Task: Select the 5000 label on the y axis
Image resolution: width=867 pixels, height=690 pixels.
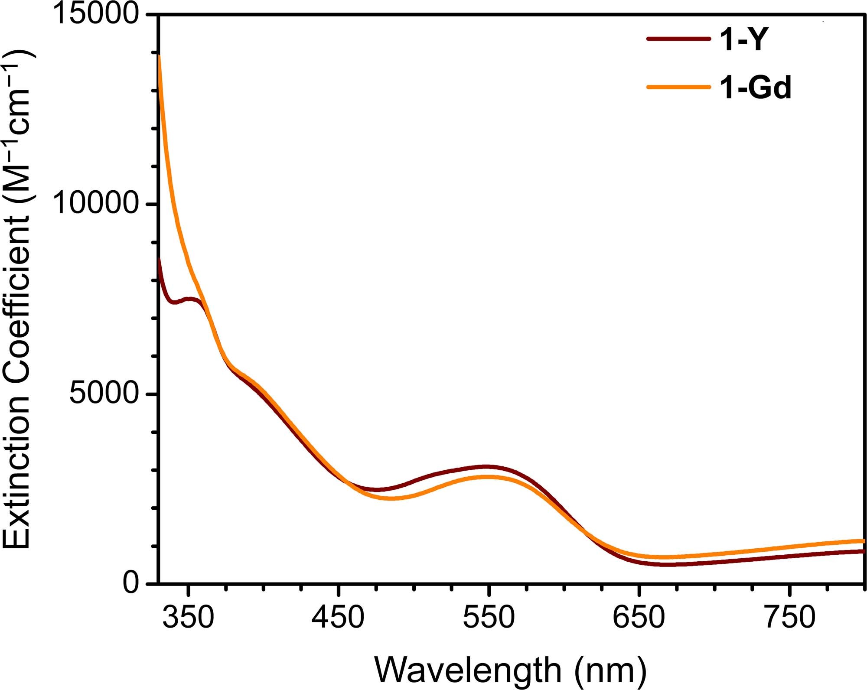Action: click(x=104, y=394)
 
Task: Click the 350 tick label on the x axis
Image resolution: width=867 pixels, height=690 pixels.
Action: click(x=188, y=617)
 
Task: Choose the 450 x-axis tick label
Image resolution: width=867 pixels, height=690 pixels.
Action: click(x=338, y=617)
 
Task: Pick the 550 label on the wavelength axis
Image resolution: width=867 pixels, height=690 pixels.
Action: click(x=489, y=617)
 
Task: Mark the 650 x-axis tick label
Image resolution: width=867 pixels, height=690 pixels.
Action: click(x=639, y=617)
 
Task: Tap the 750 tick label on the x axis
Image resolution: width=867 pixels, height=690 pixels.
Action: click(x=789, y=617)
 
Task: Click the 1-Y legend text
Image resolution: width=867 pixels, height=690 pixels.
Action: click(x=744, y=40)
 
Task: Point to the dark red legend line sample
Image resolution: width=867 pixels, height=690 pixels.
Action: click(x=678, y=39)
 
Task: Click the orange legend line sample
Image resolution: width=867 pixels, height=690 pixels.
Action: click(x=678, y=87)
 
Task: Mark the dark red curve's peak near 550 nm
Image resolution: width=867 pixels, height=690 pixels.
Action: click(x=487, y=467)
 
